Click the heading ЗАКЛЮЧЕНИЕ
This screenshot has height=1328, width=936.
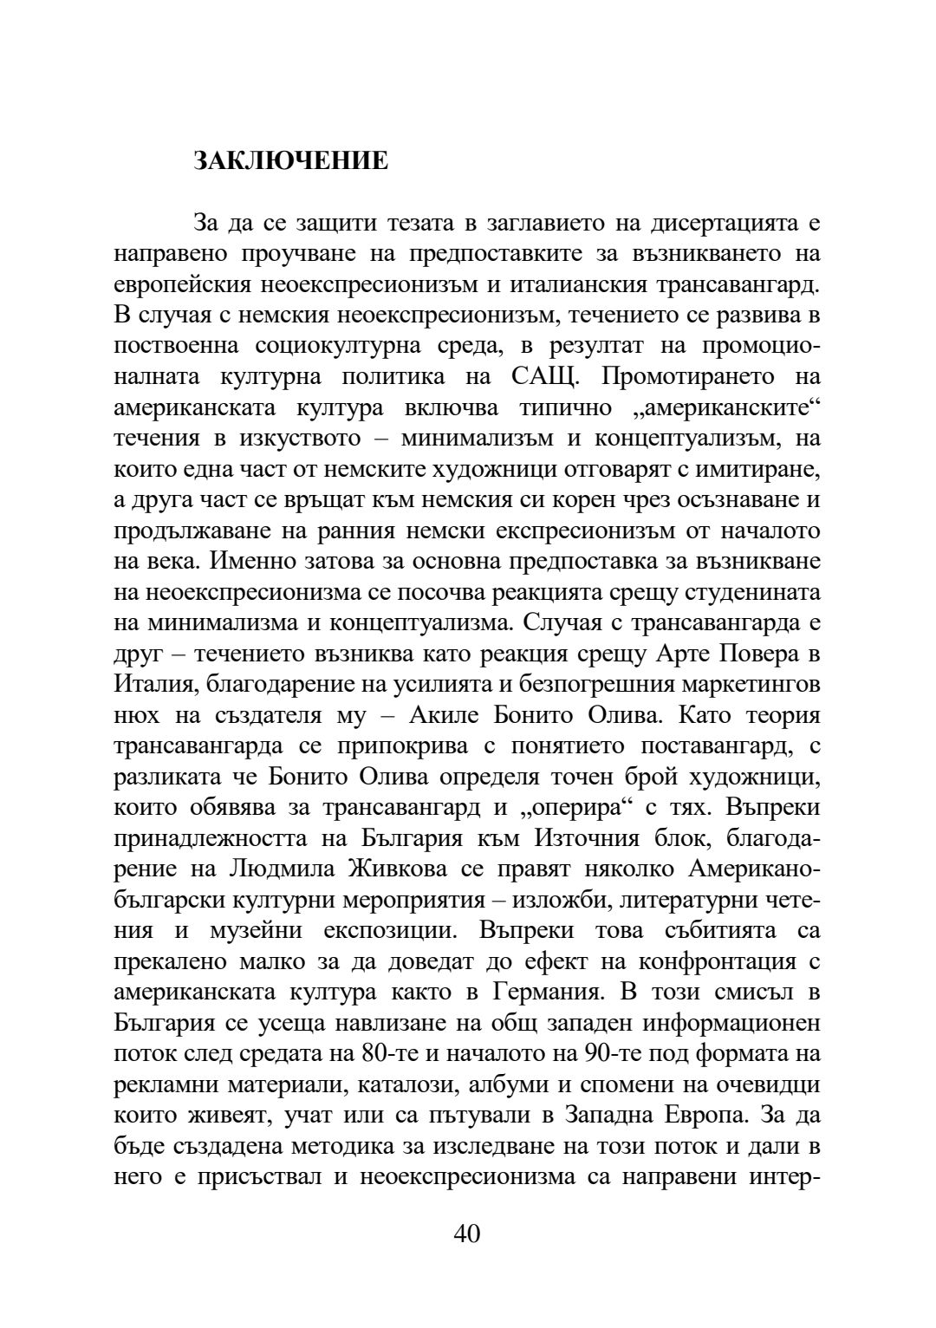[290, 161]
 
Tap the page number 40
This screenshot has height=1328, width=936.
[466, 1234]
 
